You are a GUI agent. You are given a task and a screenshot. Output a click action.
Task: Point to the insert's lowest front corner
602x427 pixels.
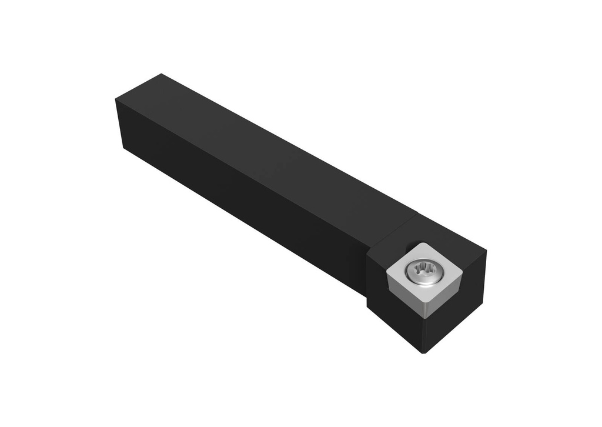pos(424,316)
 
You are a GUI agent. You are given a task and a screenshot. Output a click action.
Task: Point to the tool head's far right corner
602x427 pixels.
pos(486,252)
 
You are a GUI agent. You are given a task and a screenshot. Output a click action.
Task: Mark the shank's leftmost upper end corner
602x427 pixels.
pos(115,101)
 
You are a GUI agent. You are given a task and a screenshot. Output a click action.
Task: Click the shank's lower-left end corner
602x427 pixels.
pos(123,147)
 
